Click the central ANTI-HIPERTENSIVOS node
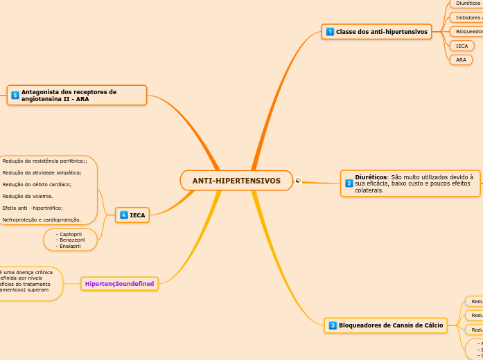[236, 181]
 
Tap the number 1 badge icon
[330, 32]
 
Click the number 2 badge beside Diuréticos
[349, 183]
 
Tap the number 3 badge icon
[333, 325]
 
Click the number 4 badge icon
[124, 215]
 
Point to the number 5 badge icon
[15, 95]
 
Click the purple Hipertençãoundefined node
[119, 283]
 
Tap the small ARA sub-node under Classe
[461, 60]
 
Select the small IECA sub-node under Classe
[462, 46]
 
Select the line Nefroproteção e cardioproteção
[42, 219]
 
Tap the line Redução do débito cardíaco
[37, 184]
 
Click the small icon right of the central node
[298, 181]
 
